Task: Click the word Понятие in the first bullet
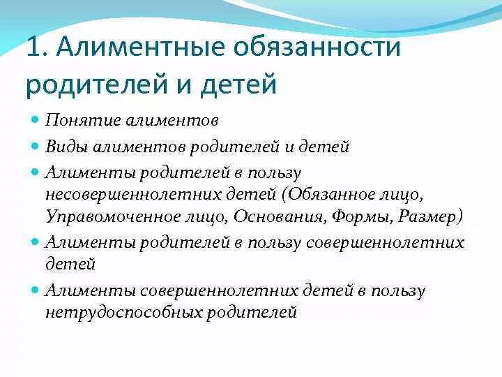pos(77,120)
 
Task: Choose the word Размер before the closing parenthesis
pos(426,216)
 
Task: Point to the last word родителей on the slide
pos(251,312)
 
